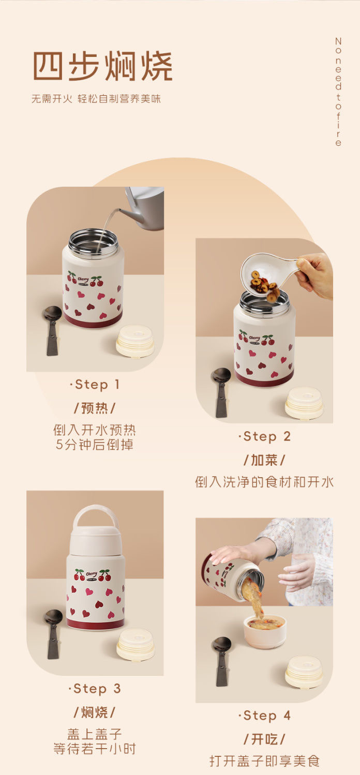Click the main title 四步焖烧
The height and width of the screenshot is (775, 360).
point(103,66)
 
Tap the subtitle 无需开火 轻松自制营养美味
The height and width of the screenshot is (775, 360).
point(96,99)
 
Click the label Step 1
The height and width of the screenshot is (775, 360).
point(95,384)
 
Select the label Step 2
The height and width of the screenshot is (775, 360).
point(264,436)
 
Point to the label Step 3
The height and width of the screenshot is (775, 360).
point(95,689)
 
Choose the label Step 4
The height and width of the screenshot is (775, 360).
point(264,715)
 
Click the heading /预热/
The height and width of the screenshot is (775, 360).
point(95,408)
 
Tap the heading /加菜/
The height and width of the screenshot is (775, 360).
point(264,460)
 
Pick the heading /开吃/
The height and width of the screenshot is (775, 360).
point(264,739)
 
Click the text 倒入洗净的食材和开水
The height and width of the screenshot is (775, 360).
point(264,482)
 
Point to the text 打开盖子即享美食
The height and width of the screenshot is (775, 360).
point(264,761)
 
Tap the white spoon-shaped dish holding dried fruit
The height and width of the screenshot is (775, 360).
point(268,275)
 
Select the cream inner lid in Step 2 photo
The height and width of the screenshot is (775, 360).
point(304,403)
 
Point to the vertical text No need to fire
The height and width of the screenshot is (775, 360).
point(338,92)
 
